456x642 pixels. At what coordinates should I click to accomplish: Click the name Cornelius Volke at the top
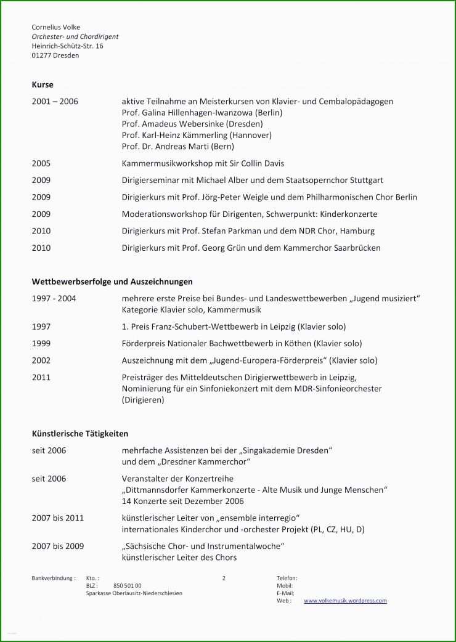click(55, 27)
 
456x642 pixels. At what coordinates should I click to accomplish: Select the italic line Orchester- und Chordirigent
click(75, 36)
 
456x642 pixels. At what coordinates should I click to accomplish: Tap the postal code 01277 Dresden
click(55, 55)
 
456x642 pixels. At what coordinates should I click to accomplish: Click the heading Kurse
click(43, 84)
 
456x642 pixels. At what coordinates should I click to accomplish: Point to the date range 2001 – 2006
click(55, 101)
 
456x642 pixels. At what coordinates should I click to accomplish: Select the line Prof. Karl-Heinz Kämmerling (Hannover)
click(197, 135)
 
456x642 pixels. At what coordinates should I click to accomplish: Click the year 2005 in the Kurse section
click(41, 163)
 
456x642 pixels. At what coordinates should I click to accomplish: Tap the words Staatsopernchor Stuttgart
click(336, 180)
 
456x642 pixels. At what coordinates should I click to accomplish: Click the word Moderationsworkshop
click(165, 214)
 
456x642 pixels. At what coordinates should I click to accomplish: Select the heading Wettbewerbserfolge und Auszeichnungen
click(112, 281)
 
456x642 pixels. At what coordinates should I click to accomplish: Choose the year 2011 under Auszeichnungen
click(41, 377)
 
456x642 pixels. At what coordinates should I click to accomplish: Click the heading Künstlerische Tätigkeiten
click(80, 434)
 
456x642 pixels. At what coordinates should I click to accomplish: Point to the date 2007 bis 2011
click(57, 518)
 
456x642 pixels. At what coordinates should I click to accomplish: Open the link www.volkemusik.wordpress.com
click(345, 601)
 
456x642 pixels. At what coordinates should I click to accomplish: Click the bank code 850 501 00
click(128, 586)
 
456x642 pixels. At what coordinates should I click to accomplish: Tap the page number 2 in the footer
click(224, 578)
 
